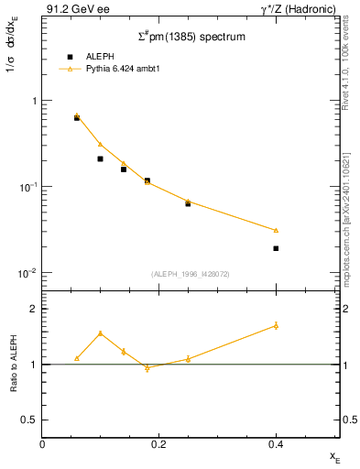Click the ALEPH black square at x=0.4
click(x=276, y=248)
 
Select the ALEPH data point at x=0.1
click(x=101, y=158)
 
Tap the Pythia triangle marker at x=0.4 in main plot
click(x=276, y=230)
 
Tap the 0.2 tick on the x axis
click(x=158, y=444)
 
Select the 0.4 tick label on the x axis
click(x=276, y=444)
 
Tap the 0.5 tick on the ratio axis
click(x=27, y=420)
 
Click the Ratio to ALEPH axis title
click(x=13, y=364)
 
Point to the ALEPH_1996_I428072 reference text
click(x=191, y=274)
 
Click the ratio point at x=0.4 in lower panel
click(x=276, y=325)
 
